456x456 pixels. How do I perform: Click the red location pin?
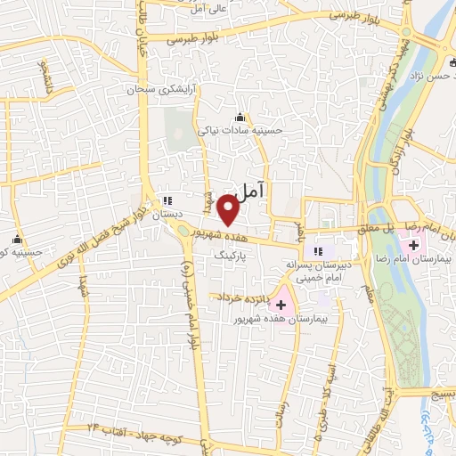[x=228, y=211]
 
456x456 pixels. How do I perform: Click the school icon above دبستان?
[x=167, y=200]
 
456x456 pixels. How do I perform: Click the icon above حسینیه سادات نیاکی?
[x=240, y=116]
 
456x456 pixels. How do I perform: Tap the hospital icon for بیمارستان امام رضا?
[x=414, y=244]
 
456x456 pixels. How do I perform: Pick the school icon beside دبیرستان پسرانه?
[x=318, y=250]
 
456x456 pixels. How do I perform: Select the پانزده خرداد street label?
[x=238, y=297]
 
